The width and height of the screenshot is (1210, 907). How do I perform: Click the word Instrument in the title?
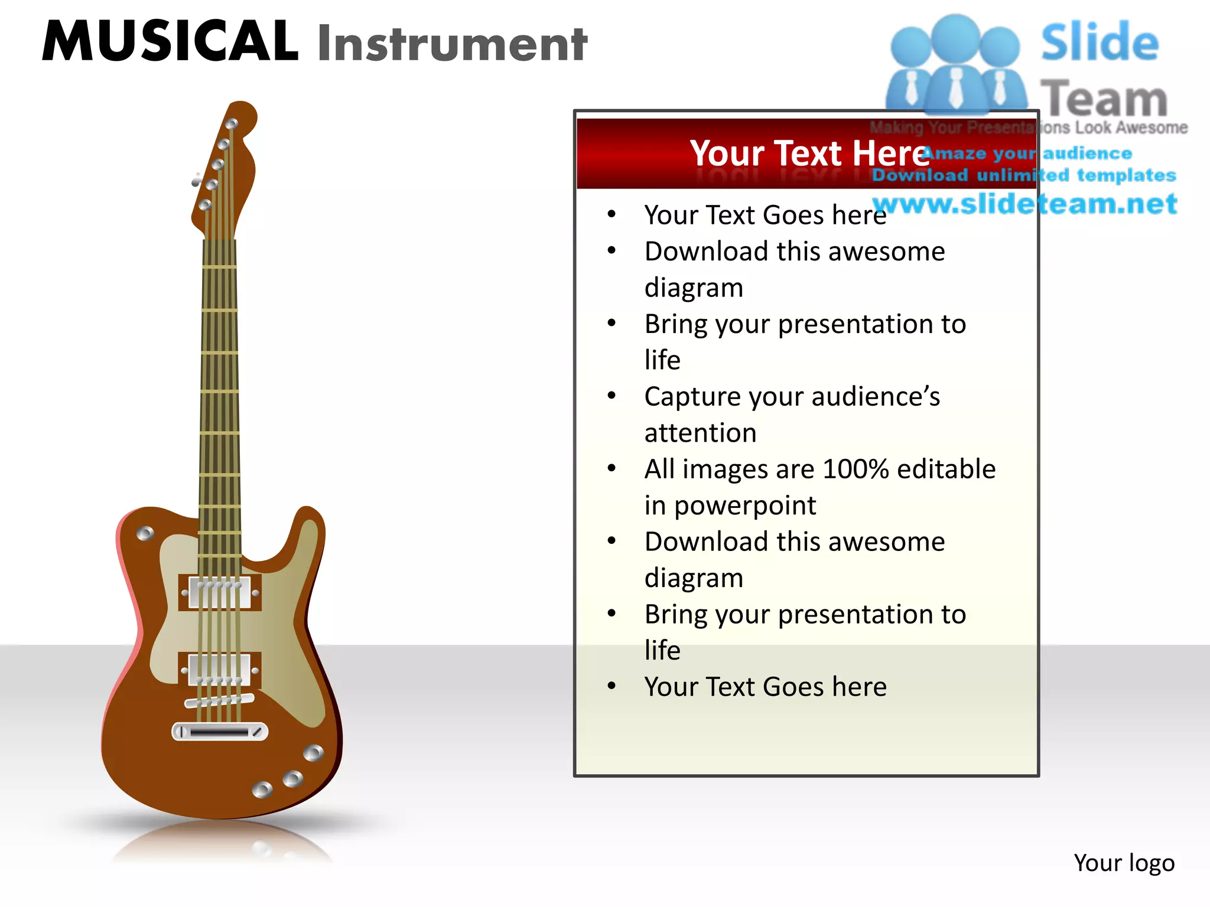tap(452, 44)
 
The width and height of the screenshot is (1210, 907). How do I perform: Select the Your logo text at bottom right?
tap(1124, 863)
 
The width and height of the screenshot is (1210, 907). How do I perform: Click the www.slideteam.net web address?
tap(1025, 204)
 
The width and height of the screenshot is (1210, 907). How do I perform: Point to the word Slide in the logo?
tap(1099, 43)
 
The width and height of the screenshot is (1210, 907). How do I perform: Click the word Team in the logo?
tap(1103, 98)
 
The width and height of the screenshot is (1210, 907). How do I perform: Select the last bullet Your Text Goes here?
tap(765, 687)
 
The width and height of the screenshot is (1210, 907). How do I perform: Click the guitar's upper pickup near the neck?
tap(220, 592)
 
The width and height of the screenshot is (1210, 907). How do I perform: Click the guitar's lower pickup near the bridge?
tap(220, 670)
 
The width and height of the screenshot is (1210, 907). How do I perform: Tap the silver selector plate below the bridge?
tap(220, 732)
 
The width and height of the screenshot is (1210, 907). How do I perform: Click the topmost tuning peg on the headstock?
tap(232, 124)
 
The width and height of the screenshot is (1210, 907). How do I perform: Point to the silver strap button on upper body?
tap(145, 534)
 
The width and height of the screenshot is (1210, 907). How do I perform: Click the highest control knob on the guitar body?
tap(313, 753)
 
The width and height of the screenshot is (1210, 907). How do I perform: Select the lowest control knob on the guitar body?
tap(262, 789)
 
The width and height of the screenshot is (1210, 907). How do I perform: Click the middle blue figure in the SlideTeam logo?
tap(955, 65)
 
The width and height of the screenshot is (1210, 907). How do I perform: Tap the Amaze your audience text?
tap(1027, 154)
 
